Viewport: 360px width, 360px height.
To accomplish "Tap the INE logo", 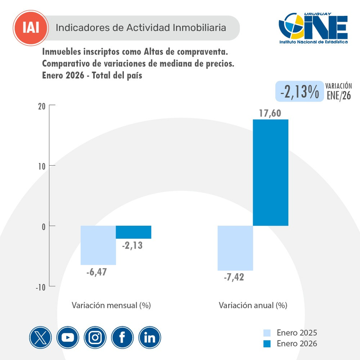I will click(313, 28).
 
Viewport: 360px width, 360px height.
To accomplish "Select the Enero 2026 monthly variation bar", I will click(133, 232).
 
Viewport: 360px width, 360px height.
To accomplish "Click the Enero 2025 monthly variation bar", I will click(98, 245).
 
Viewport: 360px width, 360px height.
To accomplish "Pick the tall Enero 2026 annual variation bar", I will click(270, 173).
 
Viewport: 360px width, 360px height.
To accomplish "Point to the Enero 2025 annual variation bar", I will click(235, 248).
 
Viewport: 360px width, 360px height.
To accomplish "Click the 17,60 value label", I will click(270, 113).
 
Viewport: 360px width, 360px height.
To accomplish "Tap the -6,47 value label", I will click(98, 271).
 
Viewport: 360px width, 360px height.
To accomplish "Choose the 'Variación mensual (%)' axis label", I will click(111, 305).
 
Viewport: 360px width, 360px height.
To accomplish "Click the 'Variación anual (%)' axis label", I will click(252, 305).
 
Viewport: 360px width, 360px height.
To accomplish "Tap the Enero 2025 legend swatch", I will click(268, 332).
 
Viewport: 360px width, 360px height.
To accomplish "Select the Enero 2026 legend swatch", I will click(268, 343).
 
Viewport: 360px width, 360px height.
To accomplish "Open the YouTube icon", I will click(68, 337).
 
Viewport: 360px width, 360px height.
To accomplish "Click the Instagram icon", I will click(95, 337).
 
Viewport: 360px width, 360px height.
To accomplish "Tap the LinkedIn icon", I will click(149, 337).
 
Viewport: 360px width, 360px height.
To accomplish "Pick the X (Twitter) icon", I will click(41, 337).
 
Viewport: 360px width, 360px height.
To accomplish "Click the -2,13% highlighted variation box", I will click(299, 91).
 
